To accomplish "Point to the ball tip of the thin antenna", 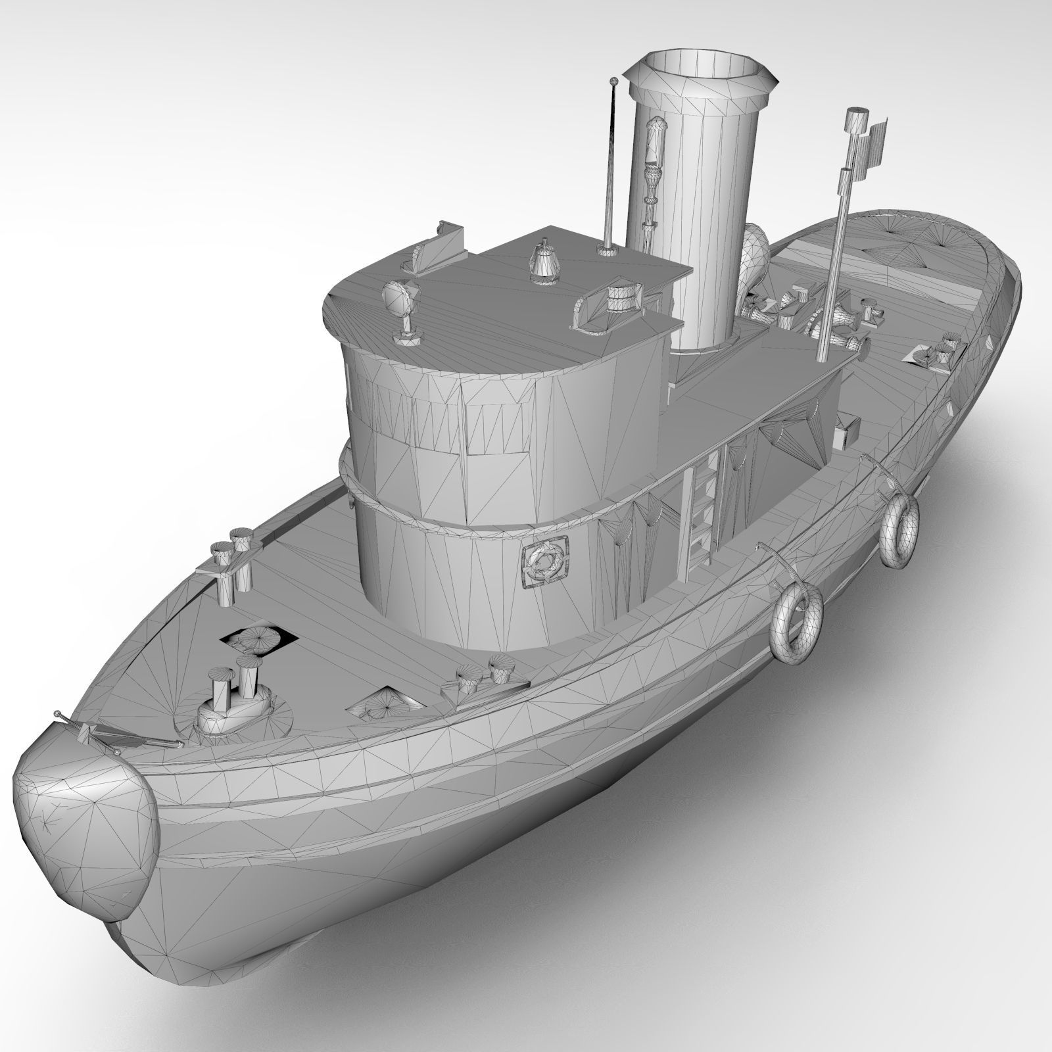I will click(x=614, y=82).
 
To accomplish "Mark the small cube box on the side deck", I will click(x=848, y=431).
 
